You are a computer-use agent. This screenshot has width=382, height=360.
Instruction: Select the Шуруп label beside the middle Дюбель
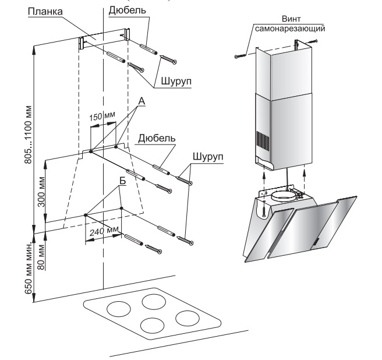pyautogui.click(x=207, y=158)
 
